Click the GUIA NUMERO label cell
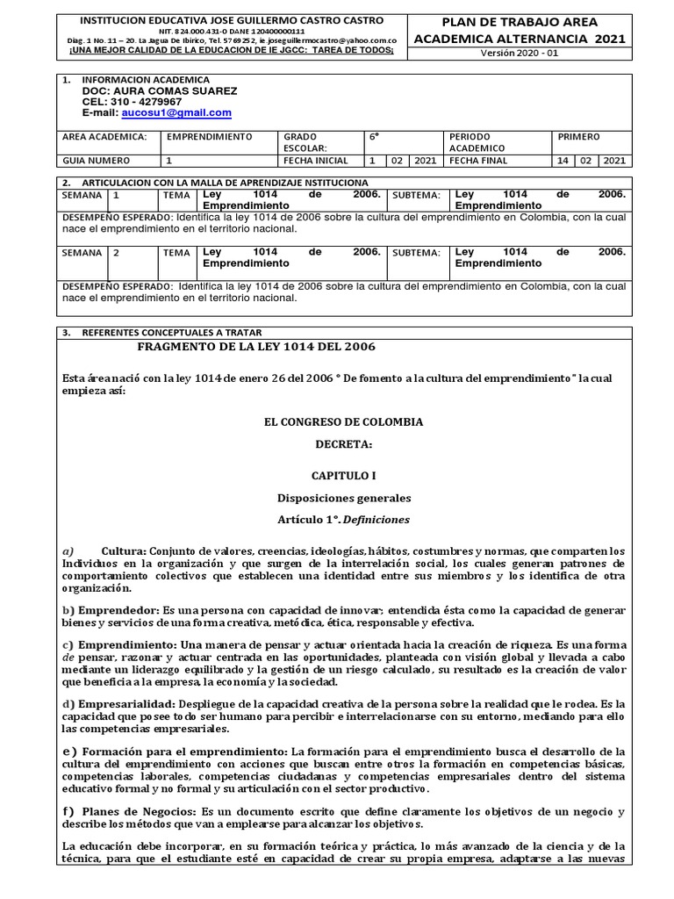(96, 161)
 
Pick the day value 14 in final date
(563, 161)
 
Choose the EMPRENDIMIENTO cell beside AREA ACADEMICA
(209, 137)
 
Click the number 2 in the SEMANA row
(116, 253)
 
